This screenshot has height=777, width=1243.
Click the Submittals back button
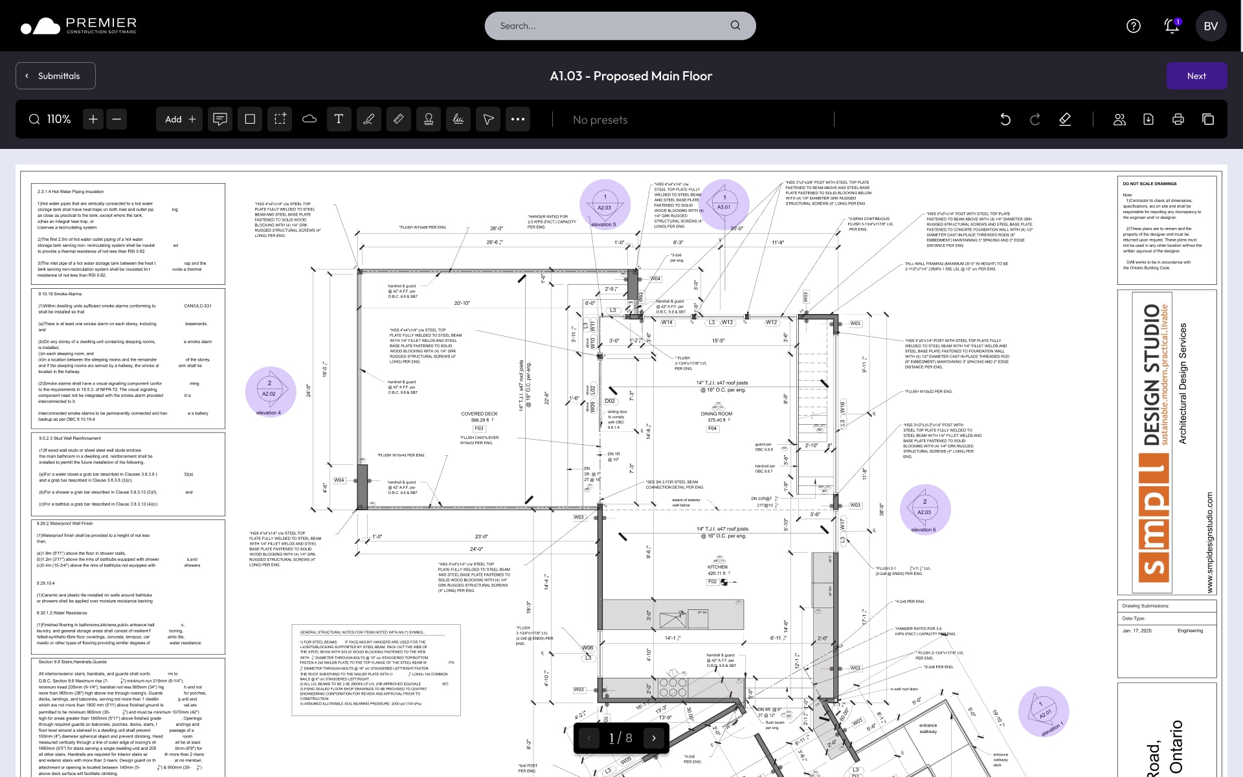pyautogui.click(x=56, y=76)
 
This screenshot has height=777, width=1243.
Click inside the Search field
pyautogui.click(x=609, y=26)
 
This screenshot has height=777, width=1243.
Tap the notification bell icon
pyautogui.click(x=1171, y=26)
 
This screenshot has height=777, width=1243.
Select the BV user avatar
pyautogui.click(x=1211, y=26)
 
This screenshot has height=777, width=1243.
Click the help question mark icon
pyautogui.click(x=1134, y=26)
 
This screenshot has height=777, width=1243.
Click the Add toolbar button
pyautogui.click(x=180, y=119)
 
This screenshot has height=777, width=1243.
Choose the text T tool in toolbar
pyautogui.click(x=339, y=119)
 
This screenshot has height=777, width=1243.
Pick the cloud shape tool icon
pyautogui.click(x=309, y=119)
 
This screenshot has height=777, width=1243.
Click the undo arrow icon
pyautogui.click(x=1005, y=119)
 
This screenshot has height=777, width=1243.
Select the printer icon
pyautogui.click(x=1178, y=119)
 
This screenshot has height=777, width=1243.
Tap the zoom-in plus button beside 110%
pyautogui.click(x=93, y=119)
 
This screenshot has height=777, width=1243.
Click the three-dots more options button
pyautogui.click(x=518, y=119)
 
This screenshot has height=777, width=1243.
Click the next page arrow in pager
pyautogui.click(x=654, y=738)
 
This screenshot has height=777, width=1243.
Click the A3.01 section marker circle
pyautogui.click(x=724, y=205)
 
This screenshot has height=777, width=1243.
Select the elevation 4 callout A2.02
pyautogui.click(x=270, y=392)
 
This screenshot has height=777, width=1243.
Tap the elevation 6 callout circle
pyautogui.click(x=925, y=510)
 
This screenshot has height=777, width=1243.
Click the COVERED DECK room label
pyautogui.click(x=479, y=414)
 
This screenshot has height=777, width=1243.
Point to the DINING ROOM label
pyautogui.click(x=716, y=414)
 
